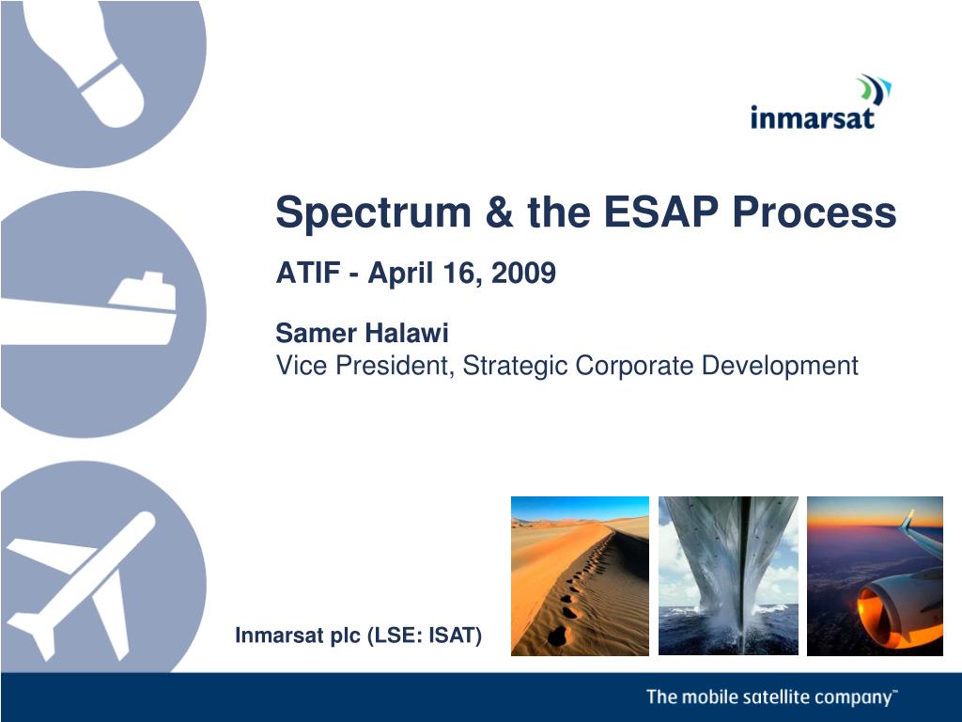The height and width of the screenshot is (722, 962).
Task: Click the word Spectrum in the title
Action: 373,213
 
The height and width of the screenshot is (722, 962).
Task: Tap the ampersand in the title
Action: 499,212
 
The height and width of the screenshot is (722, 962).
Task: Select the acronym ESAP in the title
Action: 660,212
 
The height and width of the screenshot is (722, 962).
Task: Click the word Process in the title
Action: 815,212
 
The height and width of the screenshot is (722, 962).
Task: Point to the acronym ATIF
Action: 308,273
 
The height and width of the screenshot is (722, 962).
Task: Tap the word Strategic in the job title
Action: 514,366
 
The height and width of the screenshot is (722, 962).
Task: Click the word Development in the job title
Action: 779,366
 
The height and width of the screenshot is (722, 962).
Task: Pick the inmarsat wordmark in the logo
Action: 813,118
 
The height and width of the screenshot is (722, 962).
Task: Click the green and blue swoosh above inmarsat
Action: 875,89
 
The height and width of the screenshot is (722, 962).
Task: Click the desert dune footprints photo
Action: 580,576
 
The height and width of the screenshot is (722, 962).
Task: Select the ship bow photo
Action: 728,576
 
